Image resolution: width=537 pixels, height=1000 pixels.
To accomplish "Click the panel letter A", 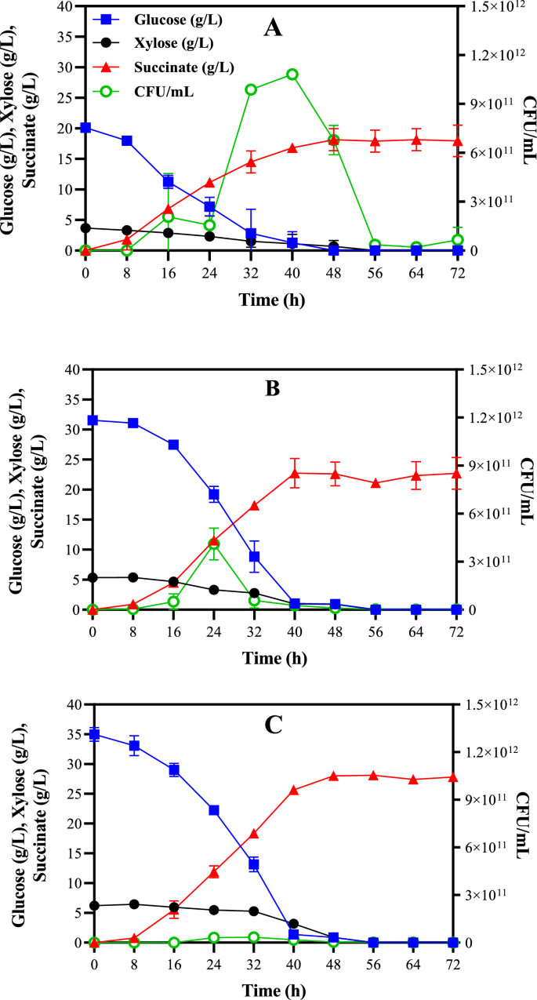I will click(273, 28).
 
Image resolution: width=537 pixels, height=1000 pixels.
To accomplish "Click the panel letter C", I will click(273, 724).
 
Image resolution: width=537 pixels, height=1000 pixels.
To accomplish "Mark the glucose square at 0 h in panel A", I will click(85, 128).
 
